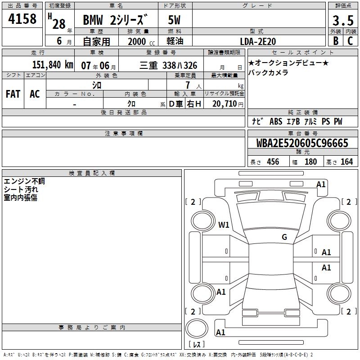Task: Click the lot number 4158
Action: pos(22,18)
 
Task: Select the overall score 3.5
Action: pos(343,20)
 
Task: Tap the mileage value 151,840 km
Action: pos(53,65)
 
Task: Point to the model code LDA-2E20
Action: pos(258,41)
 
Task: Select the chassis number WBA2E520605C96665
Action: pos(302,143)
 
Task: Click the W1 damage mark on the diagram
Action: pos(224,225)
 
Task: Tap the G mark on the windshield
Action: pos(284,237)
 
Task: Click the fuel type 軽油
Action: pos(175,41)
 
